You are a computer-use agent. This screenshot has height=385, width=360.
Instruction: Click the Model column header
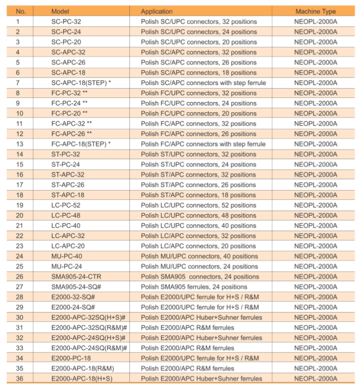pyautogui.click(x=61, y=11)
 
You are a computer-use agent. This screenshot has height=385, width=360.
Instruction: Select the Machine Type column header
pyautogui.click(x=315, y=11)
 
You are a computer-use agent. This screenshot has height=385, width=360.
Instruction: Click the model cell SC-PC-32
pyautogui.click(x=66, y=22)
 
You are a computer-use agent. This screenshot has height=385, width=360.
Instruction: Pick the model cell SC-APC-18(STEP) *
pyautogui.click(x=81, y=83)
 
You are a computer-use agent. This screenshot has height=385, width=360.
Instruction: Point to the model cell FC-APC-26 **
pyautogui.click(x=72, y=134)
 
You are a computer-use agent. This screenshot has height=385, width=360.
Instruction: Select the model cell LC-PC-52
pyautogui.click(x=66, y=205)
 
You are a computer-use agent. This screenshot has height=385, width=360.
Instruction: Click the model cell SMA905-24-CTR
pyautogui.click(x=76, y=276)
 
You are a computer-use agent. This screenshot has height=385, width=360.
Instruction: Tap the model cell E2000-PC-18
pyautogui.click(x=71, y=358)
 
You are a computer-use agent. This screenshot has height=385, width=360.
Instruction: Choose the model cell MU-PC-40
pyautogui.click(x=67, y=256)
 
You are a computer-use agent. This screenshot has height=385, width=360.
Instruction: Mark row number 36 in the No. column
pyautogui.click(x=20, y=378)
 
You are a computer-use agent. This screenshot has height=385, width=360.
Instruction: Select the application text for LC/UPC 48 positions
pyautogui.click(x=198, y=215)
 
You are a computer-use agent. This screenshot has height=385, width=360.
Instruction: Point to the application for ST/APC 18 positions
pyautogui.click(x=198, y=195)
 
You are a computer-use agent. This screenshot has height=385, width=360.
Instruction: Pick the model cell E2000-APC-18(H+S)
pyautogui.click(x=82, y=378)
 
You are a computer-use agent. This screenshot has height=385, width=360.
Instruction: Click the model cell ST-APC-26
pyautogui.click(x=68, y=185)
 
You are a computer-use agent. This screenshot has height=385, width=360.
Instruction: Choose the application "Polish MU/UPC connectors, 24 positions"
pyautogui.click(x=199, y=266)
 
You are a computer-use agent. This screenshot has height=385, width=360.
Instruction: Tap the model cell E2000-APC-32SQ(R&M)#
pyautogui.click(x=89, y=328)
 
